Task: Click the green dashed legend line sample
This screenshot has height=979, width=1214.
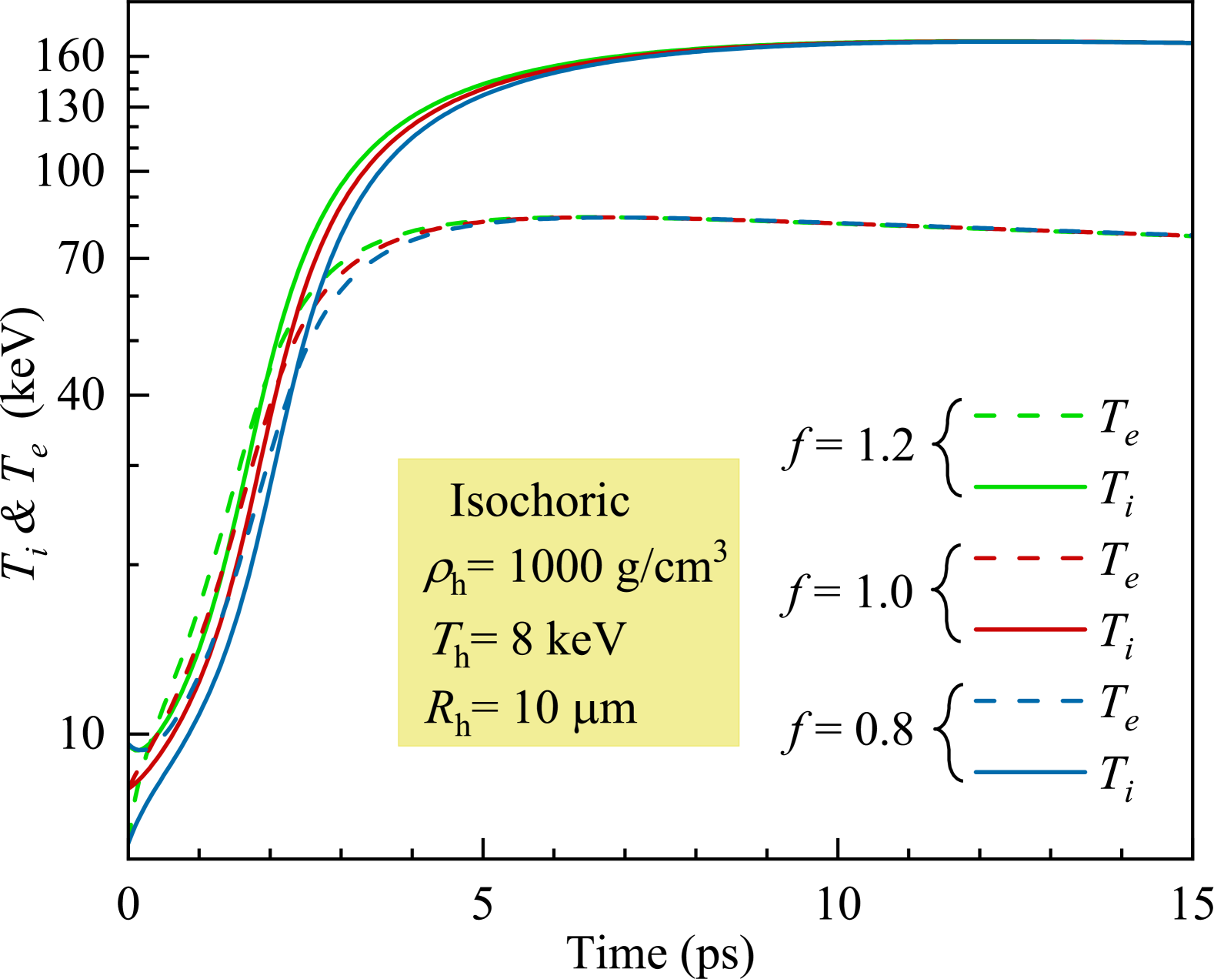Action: tap(1029, 416)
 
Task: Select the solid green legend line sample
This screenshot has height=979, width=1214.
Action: tap(1029, 486)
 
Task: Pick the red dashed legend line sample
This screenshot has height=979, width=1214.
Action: tap(1029, 557)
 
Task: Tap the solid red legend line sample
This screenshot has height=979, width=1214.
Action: tap(1029, 630)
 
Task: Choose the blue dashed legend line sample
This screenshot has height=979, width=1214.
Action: tap(1029, 700)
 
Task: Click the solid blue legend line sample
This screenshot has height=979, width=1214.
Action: tap(1029, 771)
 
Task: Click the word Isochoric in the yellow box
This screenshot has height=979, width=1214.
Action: tap(539, 501)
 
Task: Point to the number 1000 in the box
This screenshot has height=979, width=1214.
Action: tap(555, 567)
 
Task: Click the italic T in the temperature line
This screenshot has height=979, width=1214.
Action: tap(444, 638)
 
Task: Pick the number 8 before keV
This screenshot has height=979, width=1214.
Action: tap(522, 639)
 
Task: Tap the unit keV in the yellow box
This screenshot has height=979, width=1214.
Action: tap(585, 639)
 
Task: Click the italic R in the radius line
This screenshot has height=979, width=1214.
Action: tap(439, 708)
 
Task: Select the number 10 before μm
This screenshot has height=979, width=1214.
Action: tap(535, 708)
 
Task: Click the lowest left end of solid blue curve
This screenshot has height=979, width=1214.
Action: tap(132, 840)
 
